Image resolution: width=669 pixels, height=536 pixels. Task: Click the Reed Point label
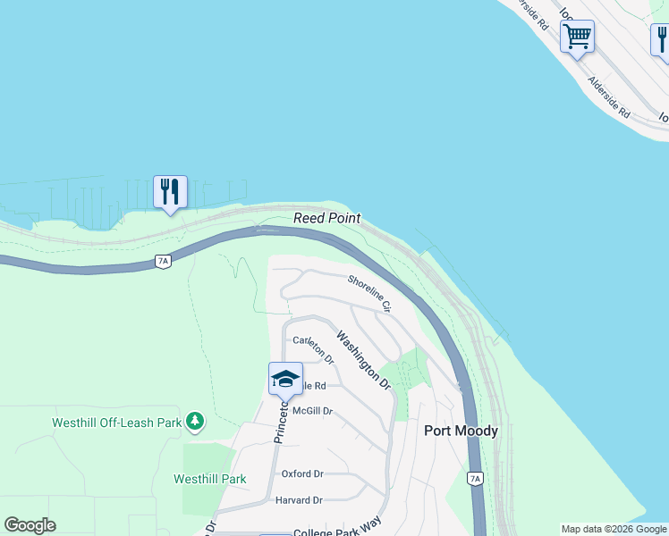[327, 218]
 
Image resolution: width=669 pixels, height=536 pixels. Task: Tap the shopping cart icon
[578, 37]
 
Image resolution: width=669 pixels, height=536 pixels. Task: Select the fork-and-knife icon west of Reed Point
[170, 192]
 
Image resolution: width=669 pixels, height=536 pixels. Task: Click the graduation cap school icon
[285, 379]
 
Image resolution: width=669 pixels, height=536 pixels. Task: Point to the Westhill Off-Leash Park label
[105, 421]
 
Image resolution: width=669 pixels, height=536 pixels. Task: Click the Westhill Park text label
[209, 479]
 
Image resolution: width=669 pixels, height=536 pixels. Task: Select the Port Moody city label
[461, 431]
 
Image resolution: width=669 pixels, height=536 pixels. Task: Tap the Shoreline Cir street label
[370, 293]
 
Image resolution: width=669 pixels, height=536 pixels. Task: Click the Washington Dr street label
[364, 361]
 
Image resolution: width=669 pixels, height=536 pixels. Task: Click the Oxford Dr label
[302, 473]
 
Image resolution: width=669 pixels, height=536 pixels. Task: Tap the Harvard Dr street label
[299, 500]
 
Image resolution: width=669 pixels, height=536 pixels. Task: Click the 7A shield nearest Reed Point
[162, 261]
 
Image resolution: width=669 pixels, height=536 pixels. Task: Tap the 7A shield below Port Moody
[475, 479]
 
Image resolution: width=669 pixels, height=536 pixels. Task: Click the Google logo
[30, 525]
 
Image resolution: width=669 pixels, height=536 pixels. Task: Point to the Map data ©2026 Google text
[614, 529]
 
